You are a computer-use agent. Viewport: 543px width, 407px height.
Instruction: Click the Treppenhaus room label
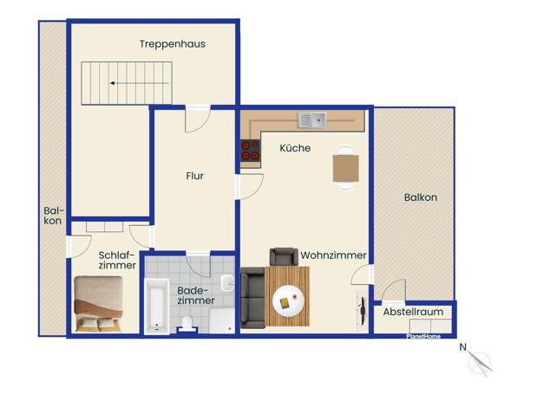pos(172,44)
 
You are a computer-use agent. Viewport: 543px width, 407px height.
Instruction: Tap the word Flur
pos(194,176)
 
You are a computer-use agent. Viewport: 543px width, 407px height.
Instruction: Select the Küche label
pos(295,148)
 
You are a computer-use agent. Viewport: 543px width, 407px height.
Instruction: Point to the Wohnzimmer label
pos(333,255)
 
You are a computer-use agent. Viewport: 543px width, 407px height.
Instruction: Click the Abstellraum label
pos(413,312)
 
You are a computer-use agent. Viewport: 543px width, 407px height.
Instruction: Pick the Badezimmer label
pos(196,295)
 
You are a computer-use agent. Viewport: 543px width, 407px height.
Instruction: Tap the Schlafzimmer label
pos(117,260)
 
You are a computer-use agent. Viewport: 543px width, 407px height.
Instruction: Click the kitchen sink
pos(311,120)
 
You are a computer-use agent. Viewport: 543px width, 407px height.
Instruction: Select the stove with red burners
pos(251,151)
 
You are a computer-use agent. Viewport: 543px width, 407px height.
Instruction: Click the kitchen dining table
pos(345,168)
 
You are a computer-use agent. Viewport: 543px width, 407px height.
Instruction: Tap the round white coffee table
pos(288,300)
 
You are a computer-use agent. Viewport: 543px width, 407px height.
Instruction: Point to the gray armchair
pos(284,257)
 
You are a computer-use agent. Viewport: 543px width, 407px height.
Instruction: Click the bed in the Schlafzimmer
pos(98,304)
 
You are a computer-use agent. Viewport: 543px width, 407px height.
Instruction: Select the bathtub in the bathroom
pos(156,307)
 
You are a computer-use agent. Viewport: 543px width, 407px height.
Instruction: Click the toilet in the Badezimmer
pos(187,324)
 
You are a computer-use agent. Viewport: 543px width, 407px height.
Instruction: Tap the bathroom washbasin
pos(227,283)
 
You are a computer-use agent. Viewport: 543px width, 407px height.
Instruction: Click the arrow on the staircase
pos(140,83)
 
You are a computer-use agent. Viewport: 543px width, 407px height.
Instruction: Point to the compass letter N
pos(462,347)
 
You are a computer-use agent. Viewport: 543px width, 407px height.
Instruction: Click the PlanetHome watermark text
pos(423,337)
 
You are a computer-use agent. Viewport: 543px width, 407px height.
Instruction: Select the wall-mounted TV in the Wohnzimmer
pos(363,311)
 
